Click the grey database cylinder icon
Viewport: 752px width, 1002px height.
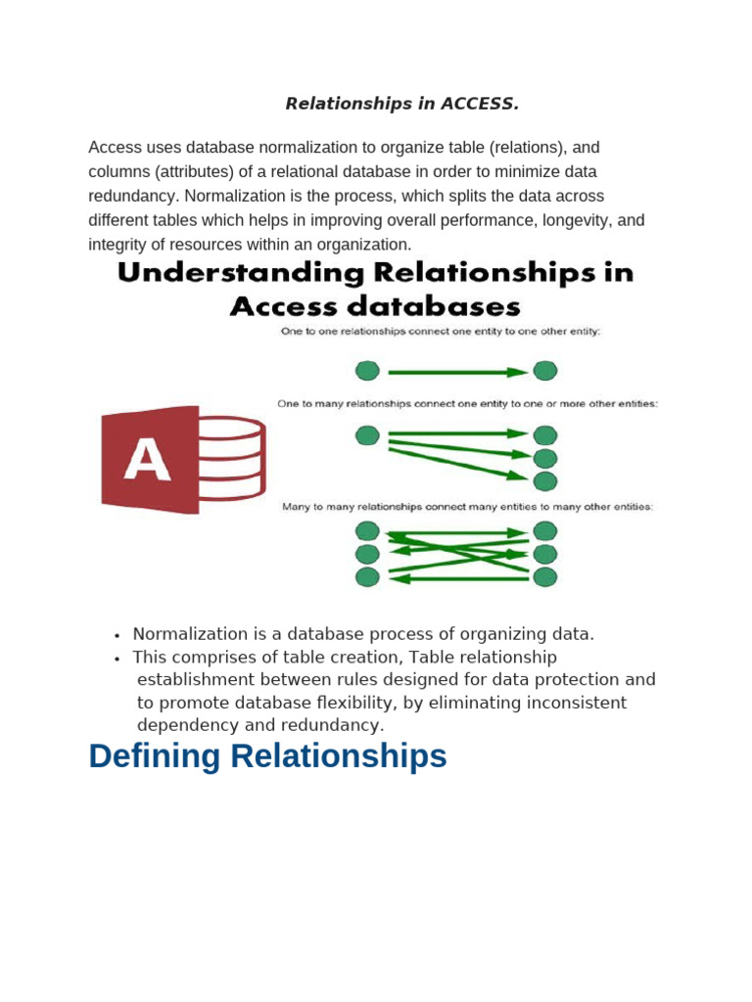[x=231, y=458]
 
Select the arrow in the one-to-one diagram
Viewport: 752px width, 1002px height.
[x=457, y=372]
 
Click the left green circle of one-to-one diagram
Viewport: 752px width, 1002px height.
[x=367, y=371]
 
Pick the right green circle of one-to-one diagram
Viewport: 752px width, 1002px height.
[x=545, y=371]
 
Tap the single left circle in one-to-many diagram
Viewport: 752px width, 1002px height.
[x=367, y=435]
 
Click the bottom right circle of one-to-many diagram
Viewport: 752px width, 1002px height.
[x=545, y=480]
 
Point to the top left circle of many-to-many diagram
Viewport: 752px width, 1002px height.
[x=367, y=531]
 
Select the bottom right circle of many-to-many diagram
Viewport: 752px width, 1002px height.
[x=545, y=576]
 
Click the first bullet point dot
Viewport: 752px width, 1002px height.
[x=116, y=635]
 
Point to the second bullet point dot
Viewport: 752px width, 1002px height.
[x=116, y=658]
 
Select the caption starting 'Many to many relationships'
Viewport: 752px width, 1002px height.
[x=467, y=507]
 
